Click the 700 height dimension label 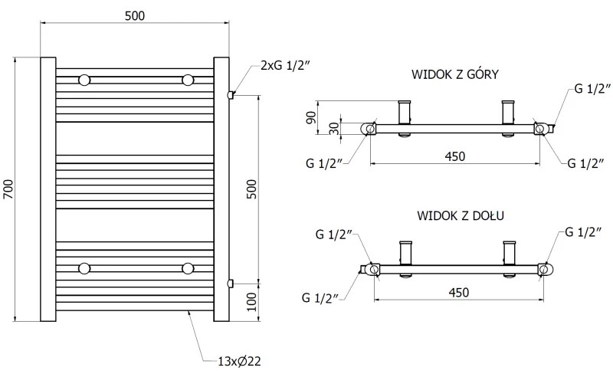click(x=8, y=189)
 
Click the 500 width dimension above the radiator click(x=134, y=15)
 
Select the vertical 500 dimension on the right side click(x=251, y=189)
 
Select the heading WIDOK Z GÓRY click(x=456, y=74)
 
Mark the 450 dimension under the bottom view click(x=457, y=292)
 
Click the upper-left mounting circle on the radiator click(x=84, y=79)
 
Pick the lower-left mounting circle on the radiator click(x=84, y=267)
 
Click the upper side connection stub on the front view click(x=231, y=94)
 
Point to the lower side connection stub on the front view click(x=231, y=283)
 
